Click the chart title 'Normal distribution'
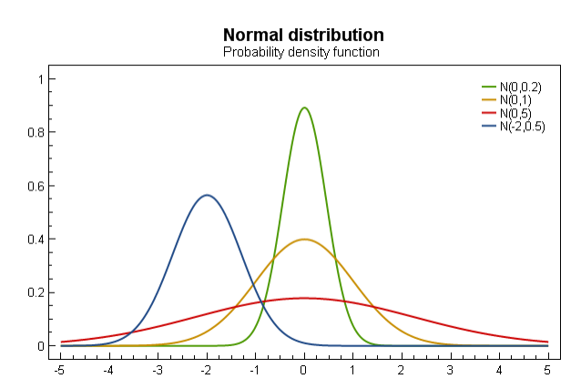(303, 35)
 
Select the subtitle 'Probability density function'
(301, 53)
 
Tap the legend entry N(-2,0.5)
(522, 127)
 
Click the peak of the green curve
(304, 107)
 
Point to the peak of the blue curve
(207, 195)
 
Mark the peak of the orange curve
(304, 240)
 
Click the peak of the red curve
(304, 298)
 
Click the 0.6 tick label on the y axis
(35, 186)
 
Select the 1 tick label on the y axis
(39, 79)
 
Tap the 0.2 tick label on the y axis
(35, 292)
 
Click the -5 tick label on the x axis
(59, 370)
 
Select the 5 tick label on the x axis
(548, 370)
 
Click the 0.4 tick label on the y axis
(35, 240)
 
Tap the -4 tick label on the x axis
(108, 370)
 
